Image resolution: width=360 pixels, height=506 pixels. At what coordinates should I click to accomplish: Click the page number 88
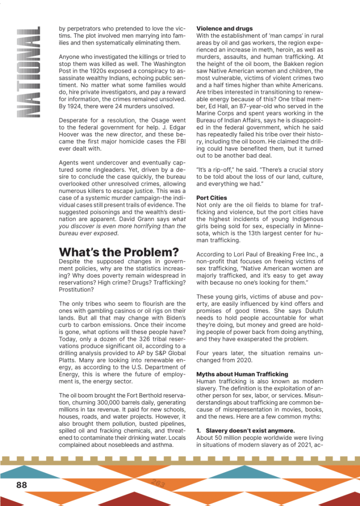[22, 484]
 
